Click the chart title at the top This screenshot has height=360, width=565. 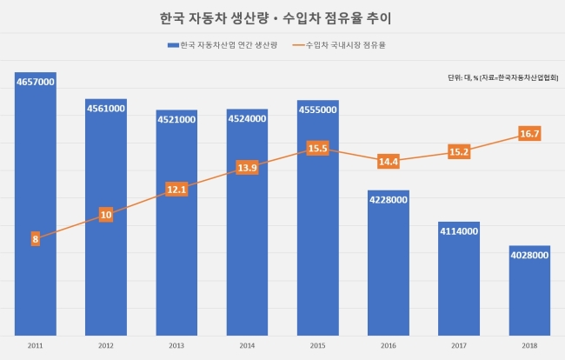click(x=276, y=18)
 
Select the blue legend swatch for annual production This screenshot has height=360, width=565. click(x=173, y=45)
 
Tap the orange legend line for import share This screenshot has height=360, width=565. click(x=298, y=45)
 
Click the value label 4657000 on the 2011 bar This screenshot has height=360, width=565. click(x=36, y=82)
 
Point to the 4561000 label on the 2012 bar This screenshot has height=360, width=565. click(x=106, y=109)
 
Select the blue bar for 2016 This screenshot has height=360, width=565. click(x=389, y=263)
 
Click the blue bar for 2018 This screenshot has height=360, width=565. click(x=529, y=290)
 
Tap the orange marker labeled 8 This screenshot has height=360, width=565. click(x=36, y=239)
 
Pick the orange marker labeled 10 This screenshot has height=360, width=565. click(x=106, y=215)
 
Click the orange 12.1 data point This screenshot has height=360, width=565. click(x=176, y=190)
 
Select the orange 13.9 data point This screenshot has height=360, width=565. click(x=247, y=168)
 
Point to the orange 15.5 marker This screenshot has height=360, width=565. click(x=318, y=148)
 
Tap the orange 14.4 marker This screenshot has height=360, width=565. click(x=389, y=162)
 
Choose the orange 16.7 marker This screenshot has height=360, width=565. click(x=529, y=134)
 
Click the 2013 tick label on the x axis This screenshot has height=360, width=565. click(x=176, y=346)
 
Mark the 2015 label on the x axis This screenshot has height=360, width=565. click(x=318, y=346)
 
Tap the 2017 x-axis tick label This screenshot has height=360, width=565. click(x=459, y=346)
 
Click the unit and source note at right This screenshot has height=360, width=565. click(x=503, y=77)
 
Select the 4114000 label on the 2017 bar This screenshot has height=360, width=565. click(x=459, y=231)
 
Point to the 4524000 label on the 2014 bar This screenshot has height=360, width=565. click(x=247, y=118)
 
